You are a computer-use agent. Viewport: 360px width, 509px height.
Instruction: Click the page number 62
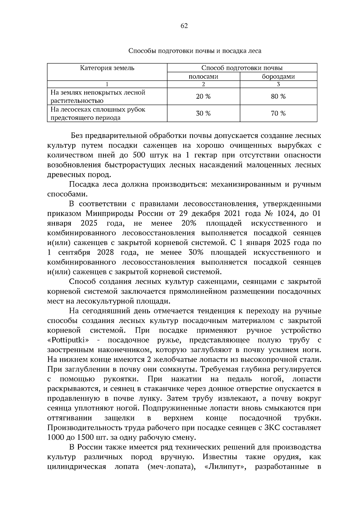pos(184,26)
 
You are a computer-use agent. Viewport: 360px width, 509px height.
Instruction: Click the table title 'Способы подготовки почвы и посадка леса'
pos(195,51)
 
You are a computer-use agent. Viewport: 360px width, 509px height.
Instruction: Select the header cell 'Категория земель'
pos(107,68)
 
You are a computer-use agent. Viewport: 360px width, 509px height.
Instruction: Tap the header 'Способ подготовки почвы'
pos(242,68)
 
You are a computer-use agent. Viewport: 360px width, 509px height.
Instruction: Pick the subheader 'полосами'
pos(203,76)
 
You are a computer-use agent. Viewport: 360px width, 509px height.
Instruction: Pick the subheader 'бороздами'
pos(278,76)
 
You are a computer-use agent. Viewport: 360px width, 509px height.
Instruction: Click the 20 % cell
pos(203,96)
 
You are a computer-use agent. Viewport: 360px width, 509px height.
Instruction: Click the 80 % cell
pos(278,96)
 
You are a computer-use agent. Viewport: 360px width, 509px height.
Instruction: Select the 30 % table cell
pos(203,113)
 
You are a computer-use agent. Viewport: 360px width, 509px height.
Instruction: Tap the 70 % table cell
pos(278,113)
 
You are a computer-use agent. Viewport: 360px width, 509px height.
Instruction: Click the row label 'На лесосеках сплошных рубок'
pos(98,109)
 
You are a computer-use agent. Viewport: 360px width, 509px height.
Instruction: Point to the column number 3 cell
pos(278,84)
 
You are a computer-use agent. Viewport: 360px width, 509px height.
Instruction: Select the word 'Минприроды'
pos(109,214)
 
